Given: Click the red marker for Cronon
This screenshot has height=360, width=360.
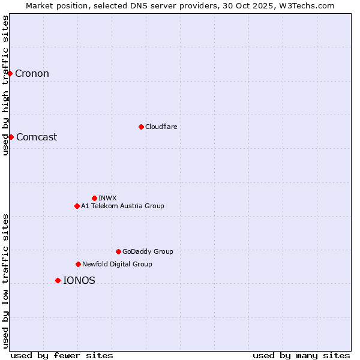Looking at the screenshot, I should (x=10, y=73).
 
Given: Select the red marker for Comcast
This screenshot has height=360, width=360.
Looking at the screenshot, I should (x=11, y=137).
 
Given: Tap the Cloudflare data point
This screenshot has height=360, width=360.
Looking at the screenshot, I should (x=141, y=127).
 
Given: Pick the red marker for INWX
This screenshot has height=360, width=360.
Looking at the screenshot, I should (x=94, y=198).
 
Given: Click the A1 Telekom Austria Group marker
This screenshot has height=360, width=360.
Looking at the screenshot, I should (x=77, y=206).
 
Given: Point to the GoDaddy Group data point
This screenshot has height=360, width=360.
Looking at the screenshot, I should (x=118, y=251).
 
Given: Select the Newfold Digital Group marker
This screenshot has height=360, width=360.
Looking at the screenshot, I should (x=78, y=264).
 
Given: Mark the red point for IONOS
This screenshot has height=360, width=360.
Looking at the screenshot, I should (x=58, y=280).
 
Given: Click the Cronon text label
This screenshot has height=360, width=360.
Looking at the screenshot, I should (x=32, y=74).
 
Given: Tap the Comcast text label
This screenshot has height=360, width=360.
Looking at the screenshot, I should (x=37, y=137).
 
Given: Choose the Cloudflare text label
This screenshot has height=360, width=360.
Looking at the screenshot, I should (x=161, y=127).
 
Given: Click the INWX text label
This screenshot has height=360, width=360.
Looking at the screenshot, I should (x=107, y=198).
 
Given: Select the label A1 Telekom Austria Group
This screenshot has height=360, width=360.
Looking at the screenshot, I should (x=122, y=206).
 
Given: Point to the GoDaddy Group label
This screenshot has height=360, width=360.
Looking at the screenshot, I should (x=148, y=251).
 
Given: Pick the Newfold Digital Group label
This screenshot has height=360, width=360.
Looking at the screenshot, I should (x=117, y=264).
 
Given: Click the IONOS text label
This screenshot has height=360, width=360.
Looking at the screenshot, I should (x=79, y=280).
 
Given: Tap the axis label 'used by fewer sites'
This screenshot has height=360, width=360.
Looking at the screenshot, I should (x=62, y=355).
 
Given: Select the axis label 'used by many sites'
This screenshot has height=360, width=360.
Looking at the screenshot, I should (x=301, y=355).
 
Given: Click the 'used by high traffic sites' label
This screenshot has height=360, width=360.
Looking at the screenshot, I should (x=5, y=85).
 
